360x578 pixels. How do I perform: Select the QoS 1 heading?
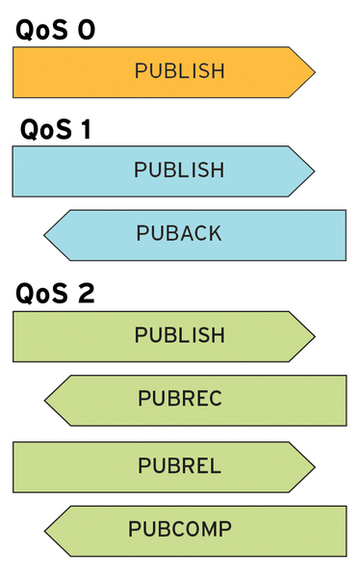(x=55, y=129)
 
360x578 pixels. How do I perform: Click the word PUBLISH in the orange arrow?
(x=179, y=71)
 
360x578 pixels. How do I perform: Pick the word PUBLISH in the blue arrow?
(x=179, y=171)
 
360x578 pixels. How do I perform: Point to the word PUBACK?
(x=179, y=234)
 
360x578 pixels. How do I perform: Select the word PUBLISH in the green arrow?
(x=179, y=335)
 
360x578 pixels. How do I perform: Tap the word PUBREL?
(x=179, y=466)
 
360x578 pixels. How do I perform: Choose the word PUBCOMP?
(x=179, y=530)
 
